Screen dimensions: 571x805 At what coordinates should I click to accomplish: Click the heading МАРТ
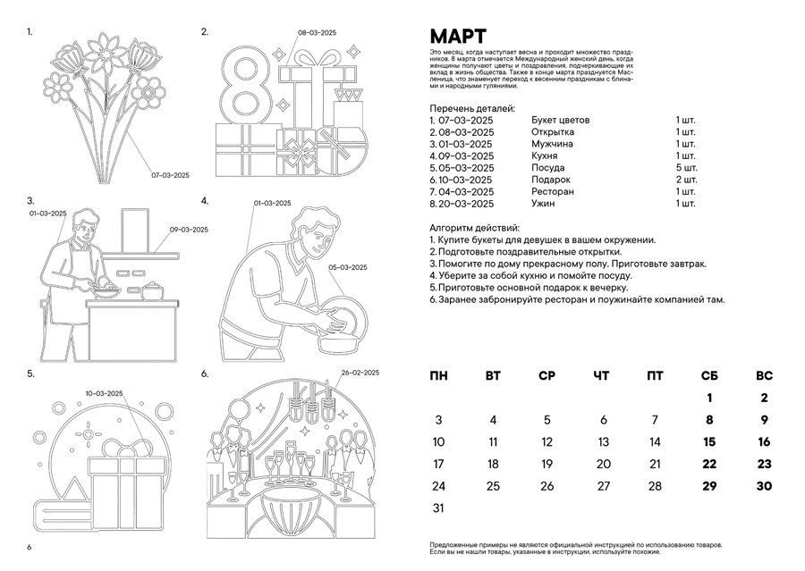pyautogui.click(x=458, y=37)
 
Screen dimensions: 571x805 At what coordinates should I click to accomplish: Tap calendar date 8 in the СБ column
pyautogui.click(x=709, y=420)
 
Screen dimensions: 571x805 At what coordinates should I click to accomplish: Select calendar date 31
pyautogui.click(x=438, y=508)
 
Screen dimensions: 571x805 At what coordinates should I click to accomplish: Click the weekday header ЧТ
pyautogui.click(x=602, y=376)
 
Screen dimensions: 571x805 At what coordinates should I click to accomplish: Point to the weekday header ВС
pyautogui.click(x=764, y=376)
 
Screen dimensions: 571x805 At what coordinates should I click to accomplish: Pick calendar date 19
pyautogui.click(x=547, y=464)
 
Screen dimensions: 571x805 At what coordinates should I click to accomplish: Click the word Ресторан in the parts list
pyautogui.click(x=552, y=192)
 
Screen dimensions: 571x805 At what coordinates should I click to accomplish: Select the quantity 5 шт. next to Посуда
pyautogui.click(x=686, y=168)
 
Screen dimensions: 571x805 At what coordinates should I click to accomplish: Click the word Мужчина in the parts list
pyautogui.click(x=552, y=144)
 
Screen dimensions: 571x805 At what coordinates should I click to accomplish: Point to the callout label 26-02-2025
pyautogui.click(x=360, y=373)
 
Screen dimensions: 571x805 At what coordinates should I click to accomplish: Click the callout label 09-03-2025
pyautogui.click(x=189, y=230)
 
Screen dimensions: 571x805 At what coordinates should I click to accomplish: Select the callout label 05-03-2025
pyautogui.click(x=349, y=267)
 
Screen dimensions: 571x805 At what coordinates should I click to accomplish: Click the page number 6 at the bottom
pyautogui.click(x=30, y=547)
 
